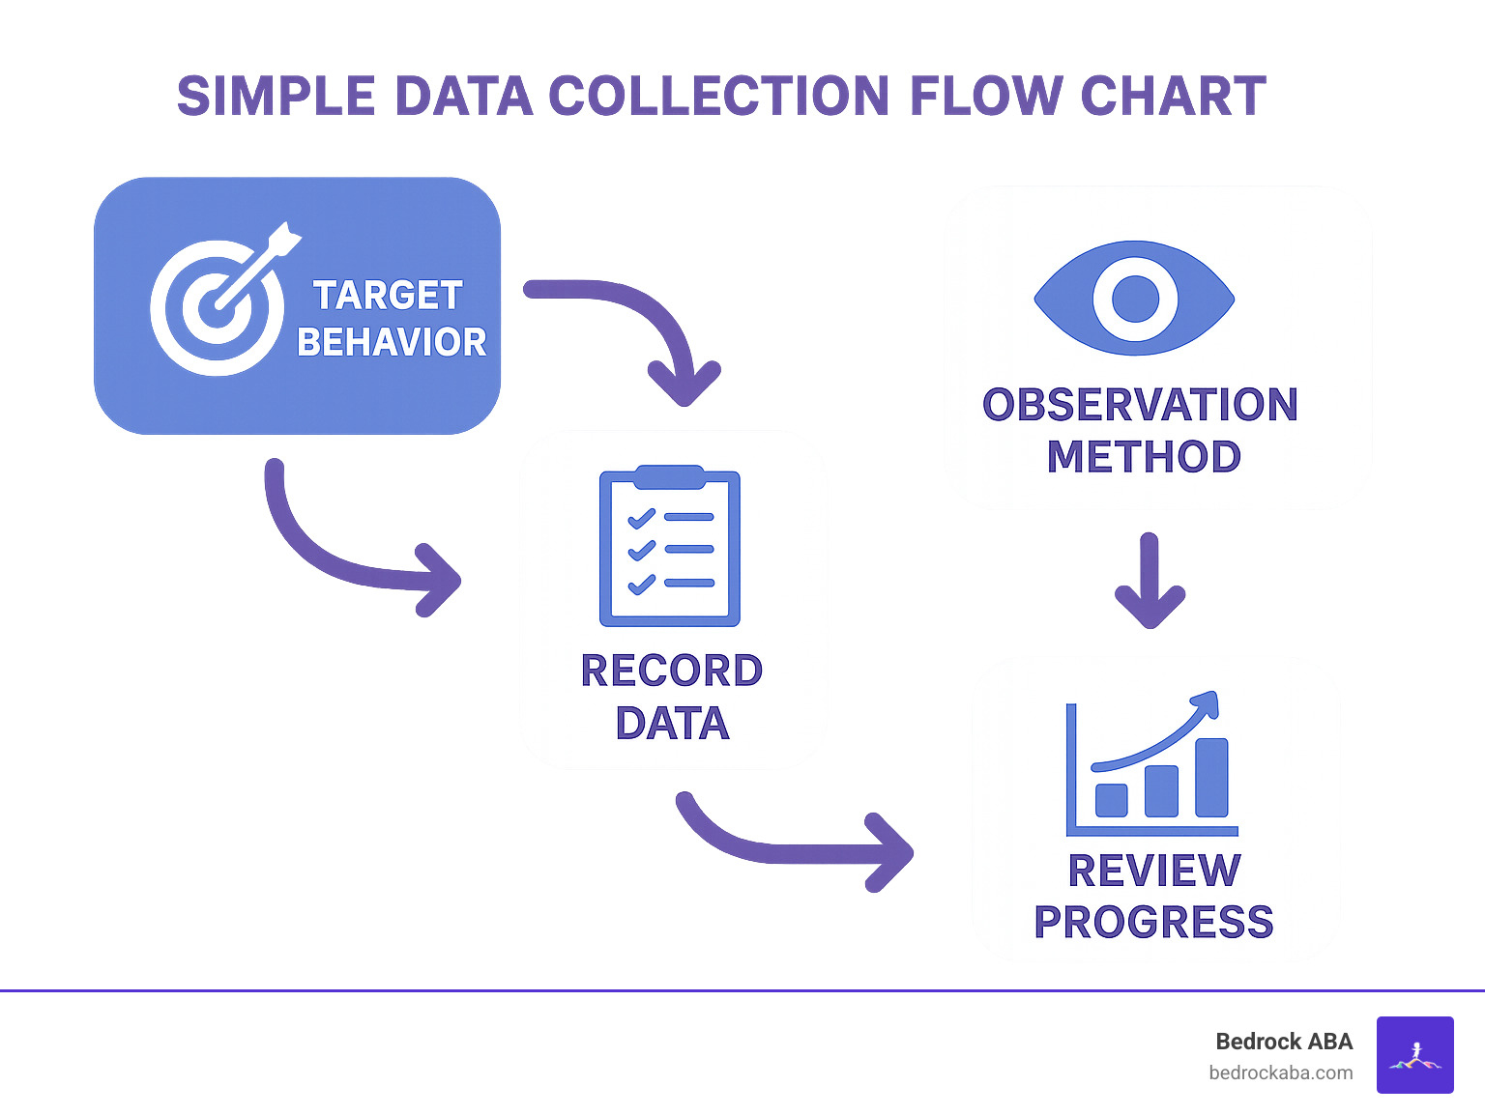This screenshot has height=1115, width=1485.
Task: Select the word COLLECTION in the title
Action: (719, 97)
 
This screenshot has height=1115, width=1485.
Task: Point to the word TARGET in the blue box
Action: (388, 296)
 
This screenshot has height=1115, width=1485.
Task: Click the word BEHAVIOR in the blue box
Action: (392, 342)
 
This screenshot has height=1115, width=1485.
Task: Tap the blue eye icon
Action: (1134, 298)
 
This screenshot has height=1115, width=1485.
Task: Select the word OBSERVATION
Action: (1140, 405)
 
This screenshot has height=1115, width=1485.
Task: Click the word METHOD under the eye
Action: (1144, 457)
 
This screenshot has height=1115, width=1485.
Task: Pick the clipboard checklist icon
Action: (670, 547)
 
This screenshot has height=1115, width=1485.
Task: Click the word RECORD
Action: (672, 671)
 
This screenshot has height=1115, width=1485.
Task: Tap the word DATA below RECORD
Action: (672, 724)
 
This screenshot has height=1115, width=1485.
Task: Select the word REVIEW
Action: (1154, 871)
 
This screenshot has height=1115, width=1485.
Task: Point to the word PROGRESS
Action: (1153, 923)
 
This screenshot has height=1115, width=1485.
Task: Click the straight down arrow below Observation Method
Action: (1150, 580)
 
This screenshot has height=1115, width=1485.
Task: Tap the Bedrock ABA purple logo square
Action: (1414, 1055)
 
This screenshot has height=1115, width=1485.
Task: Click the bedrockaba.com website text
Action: (1280, 1072)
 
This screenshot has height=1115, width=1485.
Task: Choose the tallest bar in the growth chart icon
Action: (1211, 778)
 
